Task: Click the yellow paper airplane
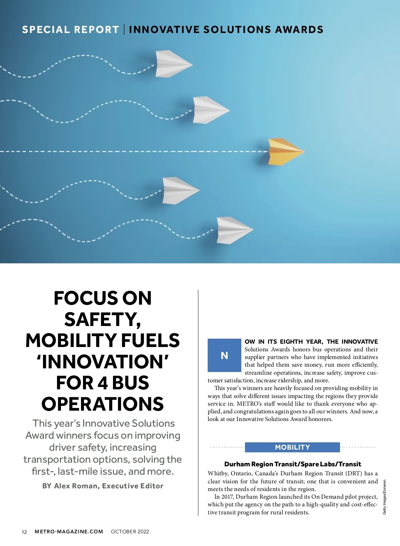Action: [x=285, y=151]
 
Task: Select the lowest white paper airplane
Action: [x=234, y=230]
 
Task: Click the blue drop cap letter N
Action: [x=224, y=355]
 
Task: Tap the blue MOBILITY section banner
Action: [x=292, y=447]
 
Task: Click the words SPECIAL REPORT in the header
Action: [x=70, y=30]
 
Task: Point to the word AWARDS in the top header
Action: [x=299, y=30]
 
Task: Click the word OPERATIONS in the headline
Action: [x=103, y=404]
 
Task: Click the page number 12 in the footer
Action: [x=24, y=532]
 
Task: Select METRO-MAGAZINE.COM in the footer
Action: [x=69, y=532]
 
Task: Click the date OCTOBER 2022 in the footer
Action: [x=130, y=532]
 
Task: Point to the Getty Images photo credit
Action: [x=384, y=497]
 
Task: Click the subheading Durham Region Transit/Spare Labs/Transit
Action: [x=292, y=464]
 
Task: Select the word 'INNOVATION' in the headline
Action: [x=103, y=362]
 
